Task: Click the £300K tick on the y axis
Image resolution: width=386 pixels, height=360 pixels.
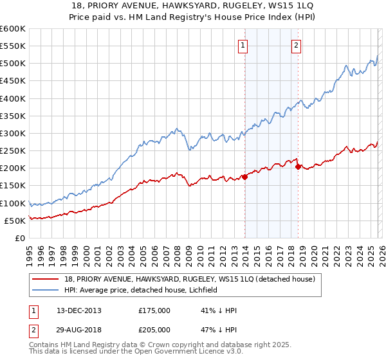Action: [x=12, y=133]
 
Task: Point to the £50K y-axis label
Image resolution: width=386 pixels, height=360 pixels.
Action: [x=14, y=221]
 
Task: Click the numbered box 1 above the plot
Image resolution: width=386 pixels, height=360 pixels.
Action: [x=243, y=45]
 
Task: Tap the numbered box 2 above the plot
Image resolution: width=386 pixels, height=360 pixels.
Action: [x=296, y=45]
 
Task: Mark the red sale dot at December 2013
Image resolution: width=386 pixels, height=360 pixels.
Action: [x=245, y=177]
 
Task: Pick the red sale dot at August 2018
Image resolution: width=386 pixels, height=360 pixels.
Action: [x=298, y=166]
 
